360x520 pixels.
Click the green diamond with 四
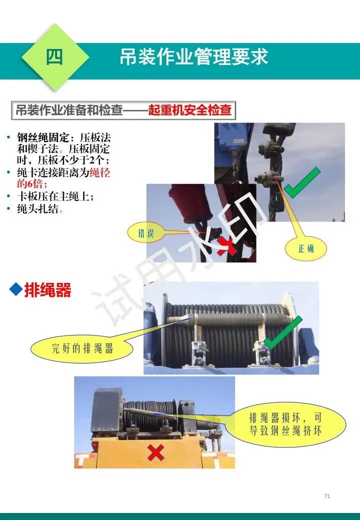55,57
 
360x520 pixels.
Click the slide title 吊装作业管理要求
193,57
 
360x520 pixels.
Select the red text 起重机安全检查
189,110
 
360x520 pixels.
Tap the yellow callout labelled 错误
146,233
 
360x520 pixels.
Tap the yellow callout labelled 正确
305,248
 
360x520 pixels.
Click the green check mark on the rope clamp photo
301,182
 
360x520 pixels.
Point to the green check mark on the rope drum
283,332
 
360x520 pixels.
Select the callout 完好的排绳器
82,348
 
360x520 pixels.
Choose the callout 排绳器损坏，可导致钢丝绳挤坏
285,424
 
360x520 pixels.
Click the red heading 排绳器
47,290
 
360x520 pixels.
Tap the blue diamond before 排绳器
16,289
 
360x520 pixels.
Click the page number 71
327,496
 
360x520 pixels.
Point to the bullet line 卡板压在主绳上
55,196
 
